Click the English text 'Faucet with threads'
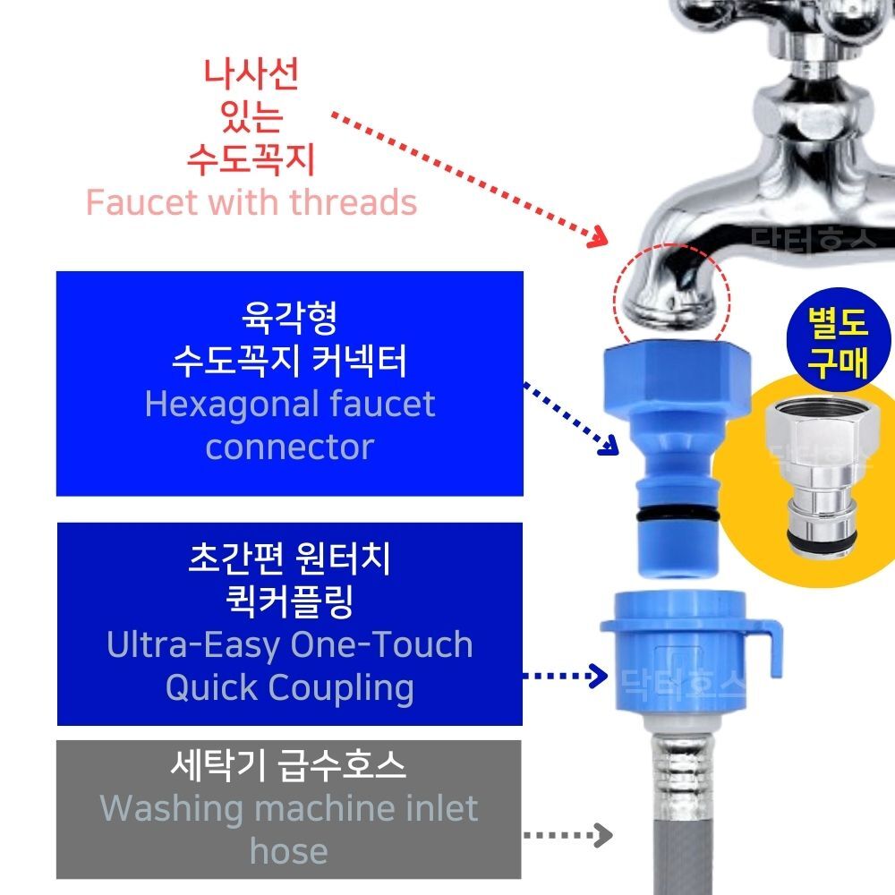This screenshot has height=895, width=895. tap(251, 203)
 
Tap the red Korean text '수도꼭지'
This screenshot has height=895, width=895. tap(251, 160)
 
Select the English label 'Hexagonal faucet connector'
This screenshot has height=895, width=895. tap(289, 425)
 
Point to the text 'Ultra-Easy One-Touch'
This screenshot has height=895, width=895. tap(289, 644)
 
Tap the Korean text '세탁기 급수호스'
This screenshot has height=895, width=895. tap(288, 766)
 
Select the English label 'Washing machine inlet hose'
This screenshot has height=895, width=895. tap(288, 829)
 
